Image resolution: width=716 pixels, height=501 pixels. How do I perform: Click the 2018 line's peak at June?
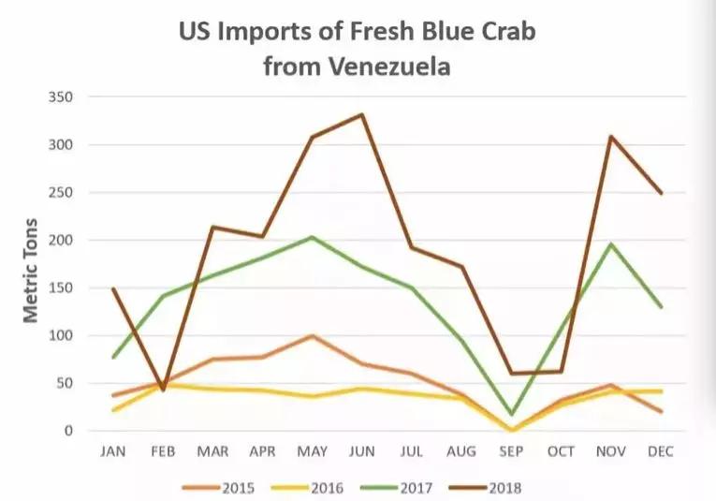click(362, 115)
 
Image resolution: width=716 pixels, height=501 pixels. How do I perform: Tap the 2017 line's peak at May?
click(312, 237)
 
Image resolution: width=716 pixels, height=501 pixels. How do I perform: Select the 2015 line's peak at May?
click(312, 335)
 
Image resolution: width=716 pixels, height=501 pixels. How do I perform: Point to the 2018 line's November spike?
click(610, 137)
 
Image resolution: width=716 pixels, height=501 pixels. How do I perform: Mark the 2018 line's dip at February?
click(164, 390)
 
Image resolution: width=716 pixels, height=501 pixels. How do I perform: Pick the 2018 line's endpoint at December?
click(661, 194)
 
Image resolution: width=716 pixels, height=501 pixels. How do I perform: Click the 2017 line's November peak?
click(610, 244)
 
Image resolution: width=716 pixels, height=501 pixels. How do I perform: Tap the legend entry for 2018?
click(486, 487)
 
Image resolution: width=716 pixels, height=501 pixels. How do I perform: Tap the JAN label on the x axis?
click(113, 450)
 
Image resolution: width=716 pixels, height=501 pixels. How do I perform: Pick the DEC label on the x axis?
click(661, 450)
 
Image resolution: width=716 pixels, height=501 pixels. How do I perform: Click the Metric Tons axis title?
click(32, 270)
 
